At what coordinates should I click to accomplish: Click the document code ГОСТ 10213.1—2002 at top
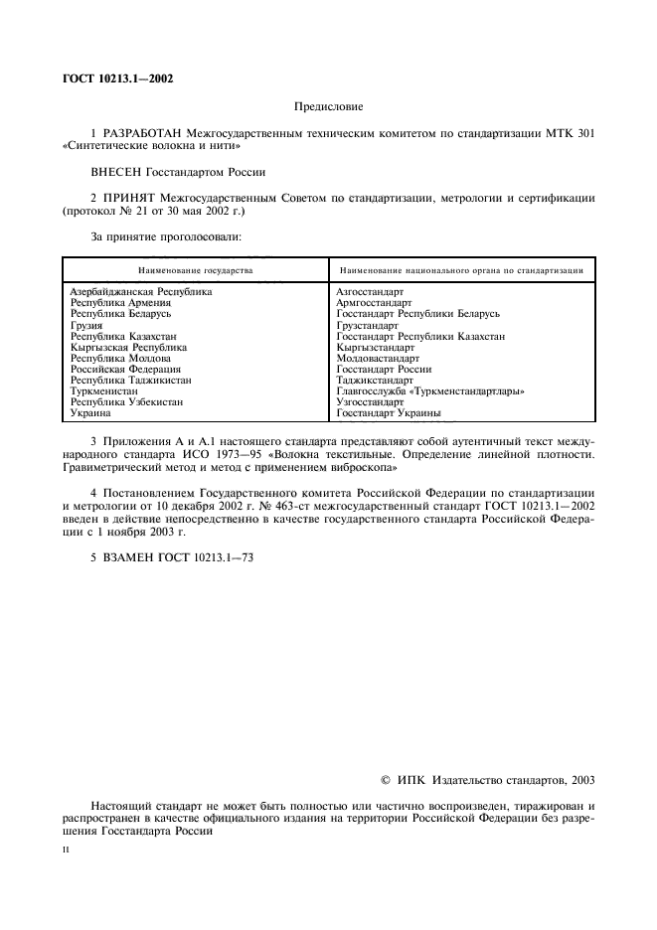tap(117, 78)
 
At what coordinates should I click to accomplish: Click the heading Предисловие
tap(329, 104)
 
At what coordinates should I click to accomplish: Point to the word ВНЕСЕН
tap(117, 171)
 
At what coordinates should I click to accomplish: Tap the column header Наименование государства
tap(196, 269)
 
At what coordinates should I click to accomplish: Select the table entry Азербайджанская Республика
tap(141, 291)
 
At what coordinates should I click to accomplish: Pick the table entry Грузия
tap(86, 325)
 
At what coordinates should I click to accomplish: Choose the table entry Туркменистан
tap(104, 390)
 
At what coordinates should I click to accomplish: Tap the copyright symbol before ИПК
tap(388, 781)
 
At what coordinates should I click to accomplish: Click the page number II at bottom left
tap(66, 851)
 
